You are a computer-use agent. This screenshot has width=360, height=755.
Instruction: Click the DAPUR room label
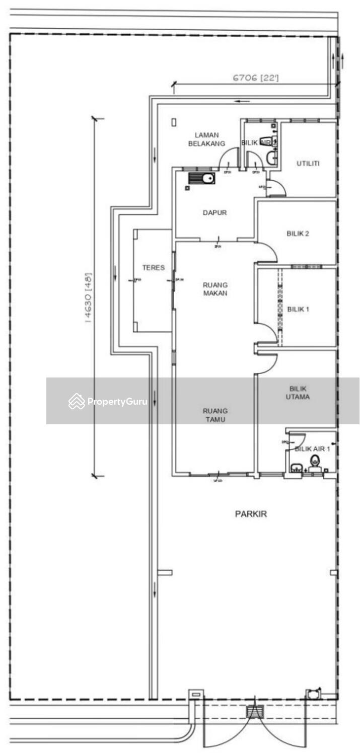215,212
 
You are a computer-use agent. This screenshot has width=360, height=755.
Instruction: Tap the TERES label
153,267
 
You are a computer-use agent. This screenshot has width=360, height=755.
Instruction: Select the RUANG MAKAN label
215,288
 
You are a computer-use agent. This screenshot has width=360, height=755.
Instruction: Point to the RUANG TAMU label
215,415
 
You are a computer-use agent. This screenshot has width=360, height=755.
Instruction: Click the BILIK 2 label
298,233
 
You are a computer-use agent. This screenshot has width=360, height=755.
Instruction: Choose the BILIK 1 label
298,309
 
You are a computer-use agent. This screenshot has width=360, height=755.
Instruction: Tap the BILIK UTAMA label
299,393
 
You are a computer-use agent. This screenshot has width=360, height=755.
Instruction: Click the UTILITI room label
308,163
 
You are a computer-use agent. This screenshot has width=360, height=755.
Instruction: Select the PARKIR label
251,514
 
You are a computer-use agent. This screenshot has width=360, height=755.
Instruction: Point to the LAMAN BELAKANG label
205,139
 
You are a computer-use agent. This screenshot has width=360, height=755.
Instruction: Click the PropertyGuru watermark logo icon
77,401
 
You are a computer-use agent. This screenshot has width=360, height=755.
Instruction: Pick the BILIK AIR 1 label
312,448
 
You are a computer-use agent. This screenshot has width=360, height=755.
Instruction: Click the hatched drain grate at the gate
254,712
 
